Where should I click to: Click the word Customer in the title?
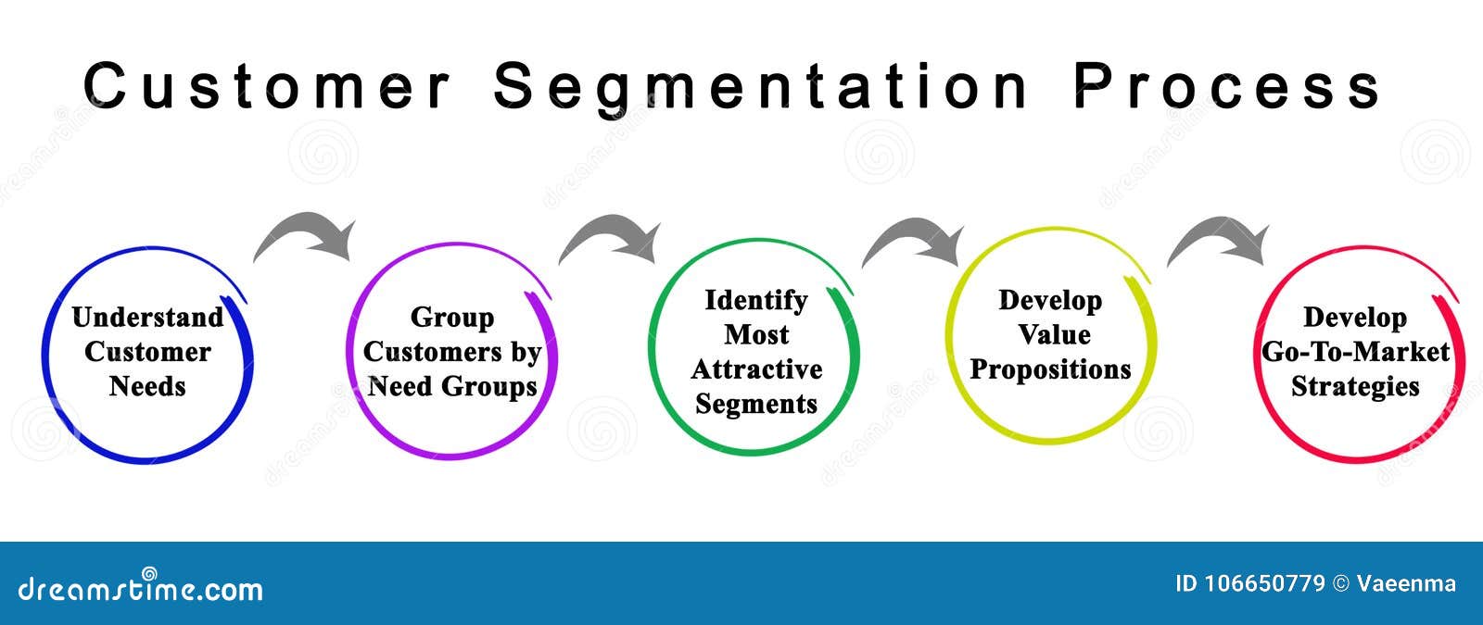pos(266,85)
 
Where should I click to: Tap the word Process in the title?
pos(1227,85)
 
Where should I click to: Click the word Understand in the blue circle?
pos(147,318)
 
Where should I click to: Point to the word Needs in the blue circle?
pos(147,386)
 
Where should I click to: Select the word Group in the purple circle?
pos(452,319)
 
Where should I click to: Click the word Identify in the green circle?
pos(756,301)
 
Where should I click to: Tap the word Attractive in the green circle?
pos(756,369)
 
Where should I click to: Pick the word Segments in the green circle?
pos(756,404)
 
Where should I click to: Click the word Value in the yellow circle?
pos(1054,334)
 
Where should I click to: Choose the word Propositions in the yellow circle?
pos(1051,369)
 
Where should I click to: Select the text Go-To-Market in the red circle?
pos(1355,352)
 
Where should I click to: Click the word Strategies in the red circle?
pos(1355,387)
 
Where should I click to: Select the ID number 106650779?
pos(1249,583)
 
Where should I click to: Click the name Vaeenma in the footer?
pos(1406,583)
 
